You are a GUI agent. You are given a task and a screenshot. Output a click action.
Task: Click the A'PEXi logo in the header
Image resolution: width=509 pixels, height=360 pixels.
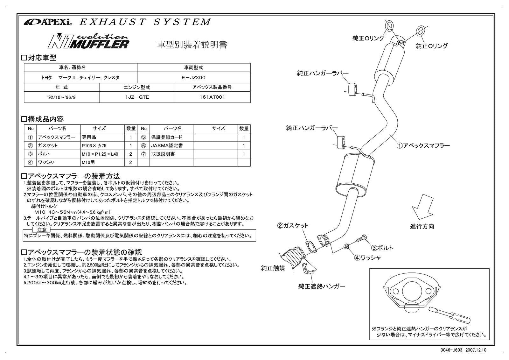(48, 22)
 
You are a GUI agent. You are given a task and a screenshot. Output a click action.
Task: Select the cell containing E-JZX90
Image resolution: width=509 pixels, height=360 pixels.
(193, 77)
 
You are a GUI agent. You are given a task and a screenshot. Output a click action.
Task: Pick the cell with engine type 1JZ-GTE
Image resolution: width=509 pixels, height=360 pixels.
(137, 97)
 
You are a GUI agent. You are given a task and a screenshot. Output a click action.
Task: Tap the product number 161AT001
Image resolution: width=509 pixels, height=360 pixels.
(212, 97)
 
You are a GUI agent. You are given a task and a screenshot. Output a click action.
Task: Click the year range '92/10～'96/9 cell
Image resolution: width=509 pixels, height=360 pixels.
(62, 97)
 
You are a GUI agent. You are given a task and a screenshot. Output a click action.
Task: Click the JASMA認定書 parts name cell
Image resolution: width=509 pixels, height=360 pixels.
(171, 145)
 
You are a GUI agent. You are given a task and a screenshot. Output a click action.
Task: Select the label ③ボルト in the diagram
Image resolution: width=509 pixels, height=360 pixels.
(382, 248)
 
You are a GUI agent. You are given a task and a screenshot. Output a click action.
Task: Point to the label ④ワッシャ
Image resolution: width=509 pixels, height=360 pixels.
(368, 258)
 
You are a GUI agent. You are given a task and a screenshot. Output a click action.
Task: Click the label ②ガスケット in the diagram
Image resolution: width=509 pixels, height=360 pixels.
(293, 225)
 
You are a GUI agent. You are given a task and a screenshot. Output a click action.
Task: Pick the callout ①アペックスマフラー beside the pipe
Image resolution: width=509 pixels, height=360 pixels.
(423, 145)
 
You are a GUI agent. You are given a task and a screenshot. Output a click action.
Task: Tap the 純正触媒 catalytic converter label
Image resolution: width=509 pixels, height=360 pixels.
(273, 268)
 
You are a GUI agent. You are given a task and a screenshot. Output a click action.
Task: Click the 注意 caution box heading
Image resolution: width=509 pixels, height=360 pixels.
(42, 229)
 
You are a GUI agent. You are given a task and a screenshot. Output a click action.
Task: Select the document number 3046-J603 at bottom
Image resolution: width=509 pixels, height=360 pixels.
(456, 350)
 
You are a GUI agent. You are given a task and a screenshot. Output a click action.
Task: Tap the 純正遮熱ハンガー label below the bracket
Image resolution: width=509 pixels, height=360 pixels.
(321, 286)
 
